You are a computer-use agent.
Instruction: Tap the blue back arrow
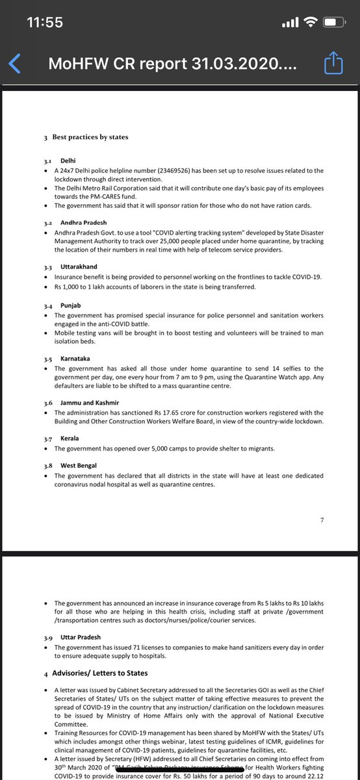[15, 64]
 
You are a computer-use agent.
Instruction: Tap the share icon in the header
[332, 64]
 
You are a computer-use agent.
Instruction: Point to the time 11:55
[44, 23]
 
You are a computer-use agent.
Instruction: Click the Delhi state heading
[68, 160]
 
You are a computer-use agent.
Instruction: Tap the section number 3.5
[47, 358]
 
